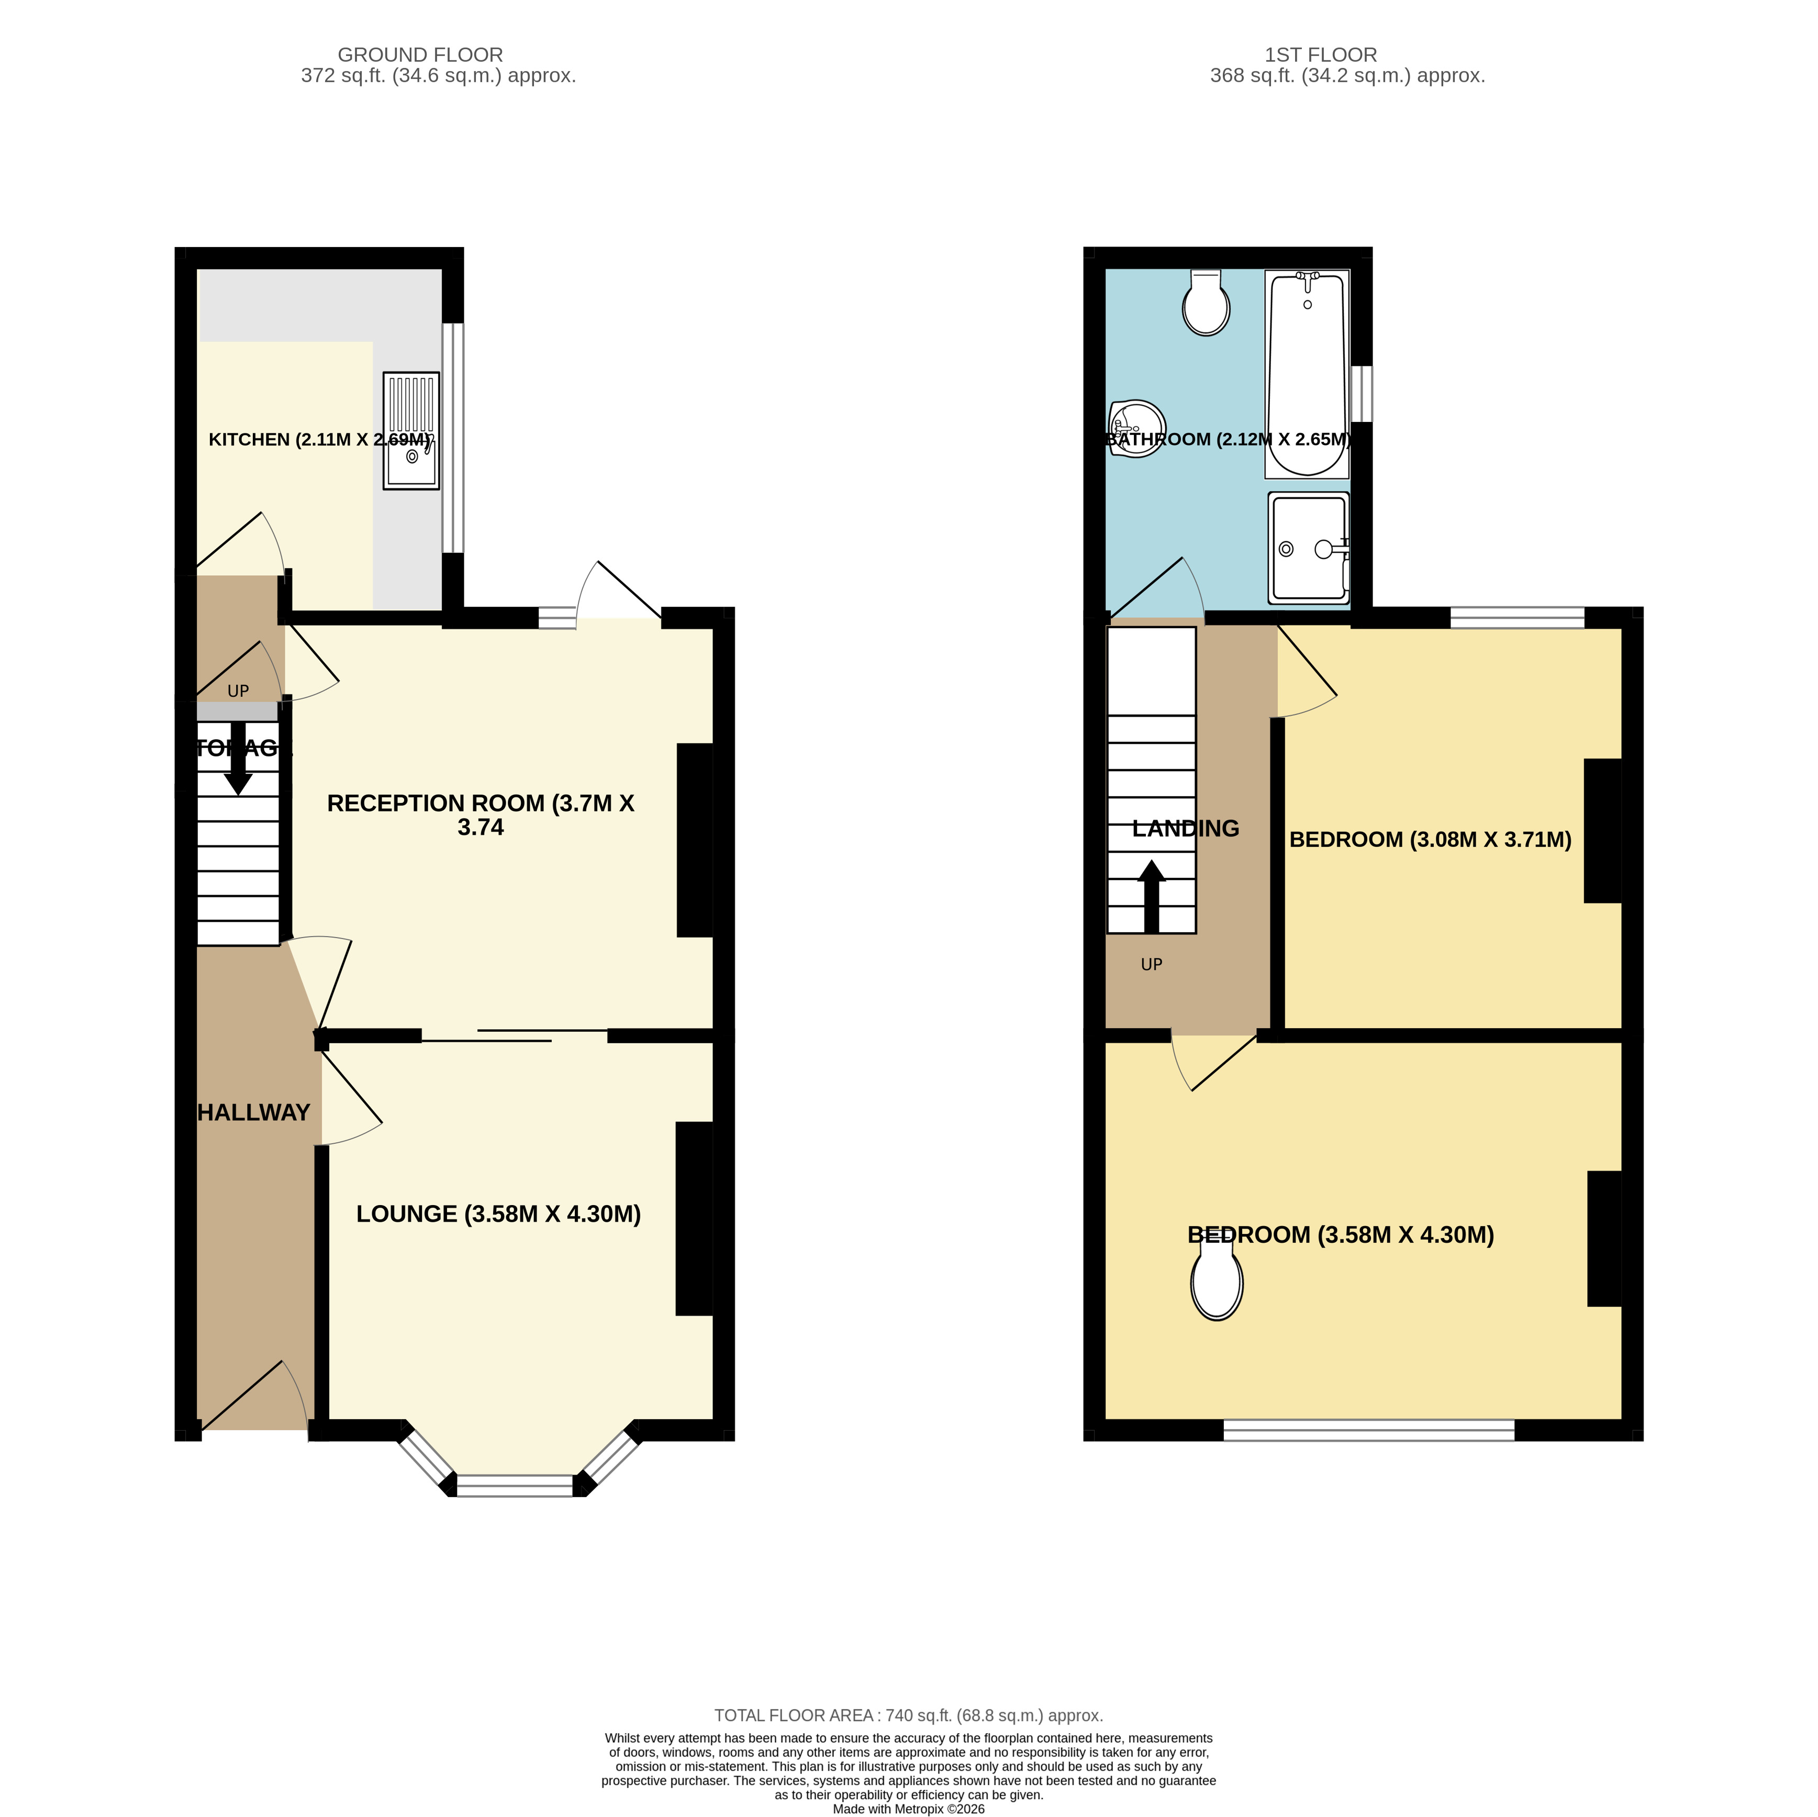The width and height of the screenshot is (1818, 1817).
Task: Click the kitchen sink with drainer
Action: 411,431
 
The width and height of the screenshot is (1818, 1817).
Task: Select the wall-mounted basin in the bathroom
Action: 1137,428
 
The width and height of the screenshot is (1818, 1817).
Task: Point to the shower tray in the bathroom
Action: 1308,548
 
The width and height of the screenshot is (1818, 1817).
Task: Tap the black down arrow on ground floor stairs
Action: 238,757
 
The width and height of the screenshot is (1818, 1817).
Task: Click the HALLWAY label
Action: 253,1112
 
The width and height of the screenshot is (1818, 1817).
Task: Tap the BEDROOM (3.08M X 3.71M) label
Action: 1430,839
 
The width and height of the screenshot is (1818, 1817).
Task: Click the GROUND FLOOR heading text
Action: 420,54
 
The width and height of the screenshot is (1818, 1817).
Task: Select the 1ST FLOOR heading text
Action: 1320,54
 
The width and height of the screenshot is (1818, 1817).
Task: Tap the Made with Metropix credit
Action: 908,1809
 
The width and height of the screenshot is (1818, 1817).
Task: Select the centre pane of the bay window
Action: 515,1486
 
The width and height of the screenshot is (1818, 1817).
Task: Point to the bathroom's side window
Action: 1362,393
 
